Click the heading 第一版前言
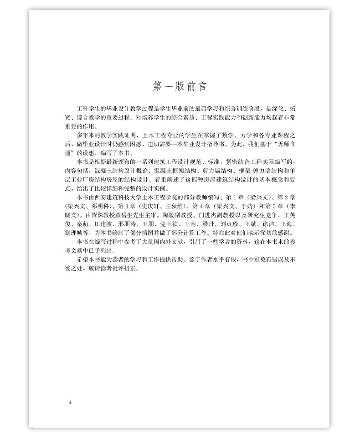[x=180, y=86]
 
